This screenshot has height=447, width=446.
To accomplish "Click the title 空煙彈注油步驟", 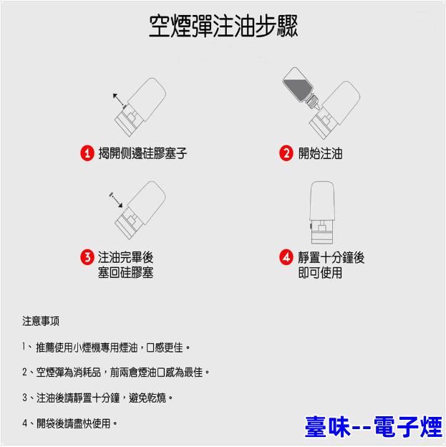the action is pyautogui.click(x=223, y=26).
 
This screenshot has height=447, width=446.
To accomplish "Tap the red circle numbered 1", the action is pyautogui.click(x=87, y=153).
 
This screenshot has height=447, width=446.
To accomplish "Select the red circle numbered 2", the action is pyautogui.click(x=286, y=153).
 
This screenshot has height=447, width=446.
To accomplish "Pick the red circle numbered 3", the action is pyautogui.click(x=87, y=257).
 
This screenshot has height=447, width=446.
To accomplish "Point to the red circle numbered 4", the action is pyautogui.click(x=286, y=257).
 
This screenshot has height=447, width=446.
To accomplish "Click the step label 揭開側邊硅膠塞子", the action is pyautogui.click(x=142, y=153).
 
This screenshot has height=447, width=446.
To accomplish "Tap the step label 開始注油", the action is pyautogui.click(x=320, y=153).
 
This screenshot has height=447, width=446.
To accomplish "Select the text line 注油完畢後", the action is pyautogui.click(x=126, y=257).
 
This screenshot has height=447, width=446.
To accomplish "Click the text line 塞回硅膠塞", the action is pyautogui.click(x=126, y=272).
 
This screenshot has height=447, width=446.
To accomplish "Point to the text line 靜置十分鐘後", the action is pyautogui.click(x=331, y=257).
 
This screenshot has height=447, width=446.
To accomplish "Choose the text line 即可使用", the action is pyautogui.click(x=320, y=272).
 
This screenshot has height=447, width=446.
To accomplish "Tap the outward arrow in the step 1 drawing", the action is pyautogui.click(x=118, y=99).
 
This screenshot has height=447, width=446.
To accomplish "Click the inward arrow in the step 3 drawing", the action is pyautogui.click(x=116, y=200).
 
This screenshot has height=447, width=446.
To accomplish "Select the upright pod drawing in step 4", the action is pyautogui.click(x=322, y=213).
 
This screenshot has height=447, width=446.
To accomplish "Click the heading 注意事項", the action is pyautogui.click(x=41, y=321).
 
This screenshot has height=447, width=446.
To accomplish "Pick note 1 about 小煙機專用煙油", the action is pyautogui.click(x=106, y=347).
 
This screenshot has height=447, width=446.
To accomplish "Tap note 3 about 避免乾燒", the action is pyautogui.click(x=97, y=398).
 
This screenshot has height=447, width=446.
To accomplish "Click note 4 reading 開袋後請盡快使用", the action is pyautogui.click(x=70, y=423).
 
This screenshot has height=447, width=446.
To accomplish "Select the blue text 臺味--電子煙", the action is pyautogui.click(x=374, y=426).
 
